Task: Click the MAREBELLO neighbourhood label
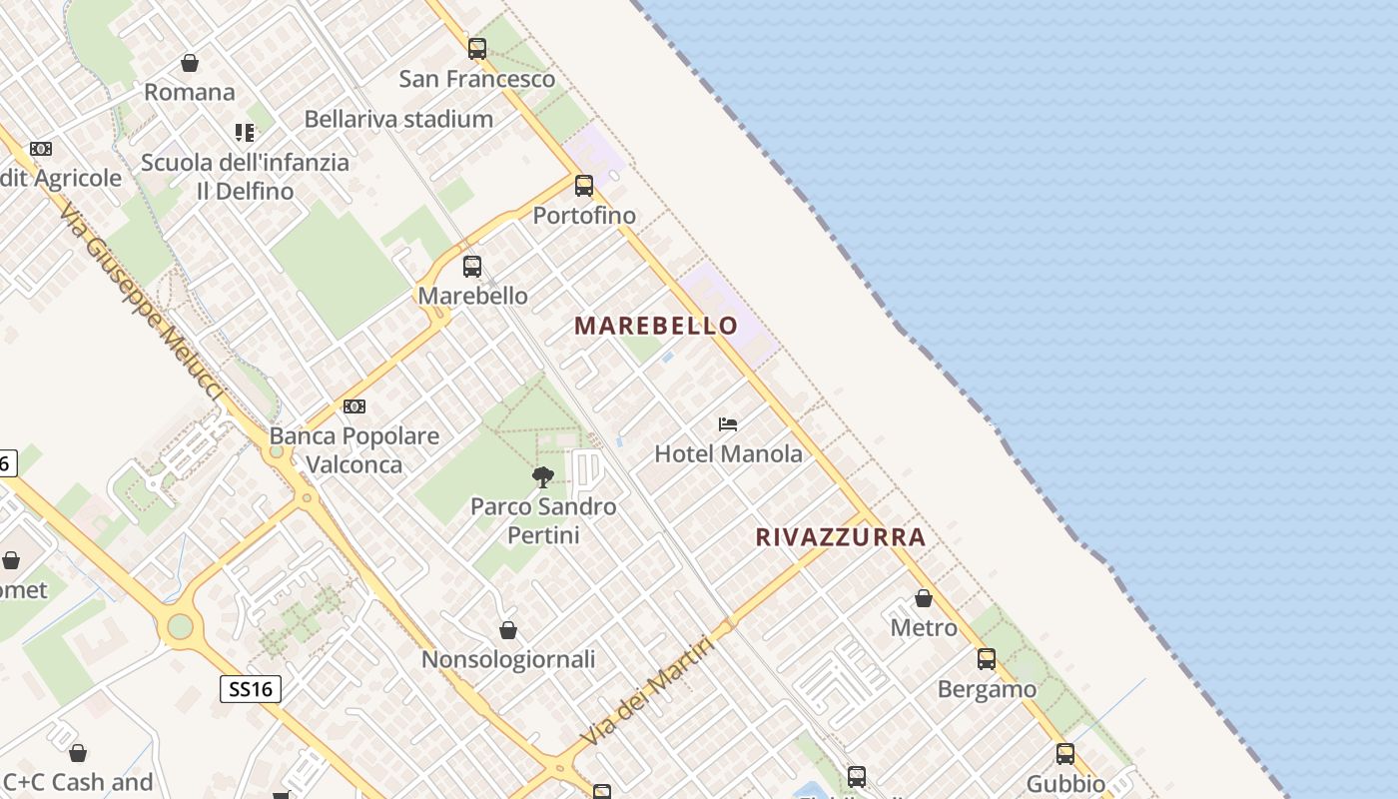tap(656, 326)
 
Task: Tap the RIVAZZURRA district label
tap(841, 537)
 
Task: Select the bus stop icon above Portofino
tap(584, 186)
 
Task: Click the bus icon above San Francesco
tap(477, 48)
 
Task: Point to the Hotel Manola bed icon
tap(728, 424)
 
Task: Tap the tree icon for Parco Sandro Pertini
tap(543, 476)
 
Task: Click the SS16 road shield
tap(250, 689)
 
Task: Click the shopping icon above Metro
tap(924, 598)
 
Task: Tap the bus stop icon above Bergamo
tap(987, 659)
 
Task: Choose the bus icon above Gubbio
tap(1065, 754)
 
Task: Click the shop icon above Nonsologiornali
tap(508, 630)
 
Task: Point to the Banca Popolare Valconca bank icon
tap(354, 406)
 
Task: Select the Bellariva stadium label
tap(398, 119)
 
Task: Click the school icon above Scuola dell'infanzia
tap(245, 132)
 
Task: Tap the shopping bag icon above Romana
tap(190, 63)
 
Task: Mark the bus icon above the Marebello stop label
tap(472, 267)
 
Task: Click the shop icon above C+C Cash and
tap(78, 753)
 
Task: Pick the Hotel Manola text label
tap(728, 454)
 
